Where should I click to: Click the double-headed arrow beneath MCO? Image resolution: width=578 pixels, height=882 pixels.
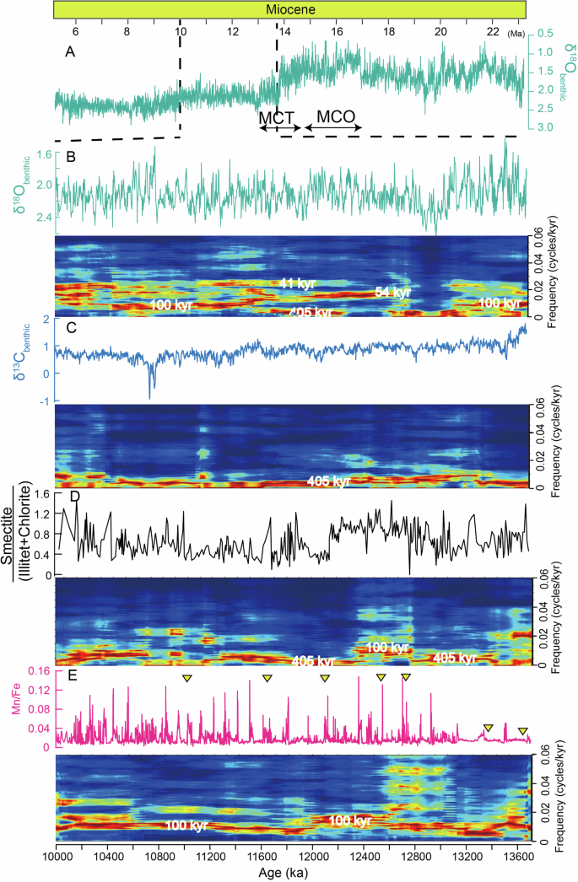333,128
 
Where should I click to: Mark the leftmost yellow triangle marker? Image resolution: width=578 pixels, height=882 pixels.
186,679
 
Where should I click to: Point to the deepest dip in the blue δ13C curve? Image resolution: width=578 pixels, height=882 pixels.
151,396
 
